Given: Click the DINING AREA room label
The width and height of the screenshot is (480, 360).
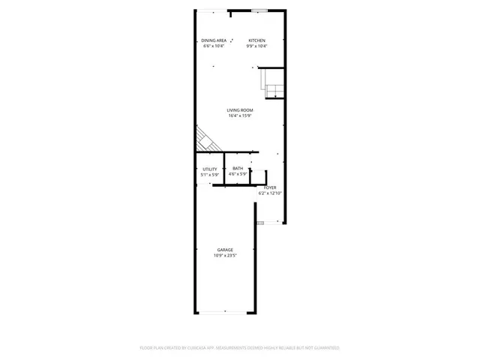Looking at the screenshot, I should tap(214, 40).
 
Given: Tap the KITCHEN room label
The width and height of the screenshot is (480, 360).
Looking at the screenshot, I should tap(257, 40).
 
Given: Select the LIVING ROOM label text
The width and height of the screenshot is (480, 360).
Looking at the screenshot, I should tap(240, 110).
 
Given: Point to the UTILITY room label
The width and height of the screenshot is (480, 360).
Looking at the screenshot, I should tap(209, 169).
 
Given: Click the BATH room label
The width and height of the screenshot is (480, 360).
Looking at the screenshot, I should tap(238, 169).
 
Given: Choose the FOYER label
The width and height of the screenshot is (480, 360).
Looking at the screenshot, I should tap(270, 187).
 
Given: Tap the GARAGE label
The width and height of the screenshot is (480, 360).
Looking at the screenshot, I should tap(225, 250).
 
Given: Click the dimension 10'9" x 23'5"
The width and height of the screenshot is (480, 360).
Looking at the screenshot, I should tap(225, 256).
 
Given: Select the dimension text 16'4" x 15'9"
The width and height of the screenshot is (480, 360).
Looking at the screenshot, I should tap(240, 115).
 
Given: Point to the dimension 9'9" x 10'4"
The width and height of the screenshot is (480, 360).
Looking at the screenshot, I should tap(257, 46).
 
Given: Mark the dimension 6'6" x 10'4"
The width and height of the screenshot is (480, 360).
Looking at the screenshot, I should tap(214, 46).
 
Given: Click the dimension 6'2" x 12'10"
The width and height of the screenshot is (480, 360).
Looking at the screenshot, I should tap(270, 193).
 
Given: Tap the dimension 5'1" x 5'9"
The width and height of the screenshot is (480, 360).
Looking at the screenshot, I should tap(209, 175).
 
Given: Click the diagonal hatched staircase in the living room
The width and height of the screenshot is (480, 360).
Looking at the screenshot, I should tap(205, 139).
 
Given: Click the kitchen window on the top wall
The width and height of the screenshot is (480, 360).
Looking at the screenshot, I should tap(259, 10).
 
